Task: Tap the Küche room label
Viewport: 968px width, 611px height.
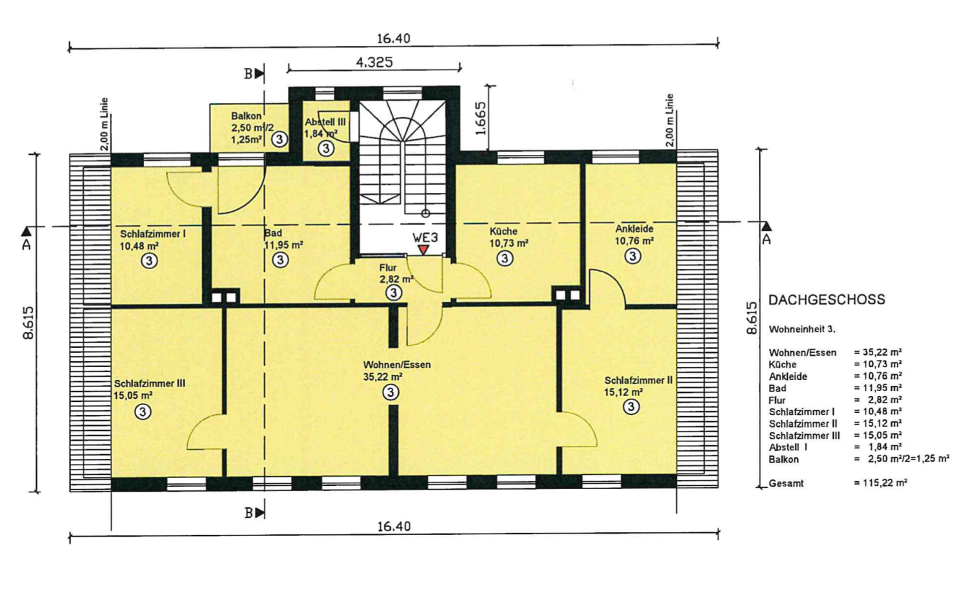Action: (503, 231)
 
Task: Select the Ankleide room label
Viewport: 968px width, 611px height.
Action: (634, 228)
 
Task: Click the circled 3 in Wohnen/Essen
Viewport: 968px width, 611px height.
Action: (391, 392)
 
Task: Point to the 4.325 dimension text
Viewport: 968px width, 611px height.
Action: (374, 63)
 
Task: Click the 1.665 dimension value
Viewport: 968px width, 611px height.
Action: (481, 119)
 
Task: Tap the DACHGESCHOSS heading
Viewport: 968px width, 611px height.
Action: (827, 299)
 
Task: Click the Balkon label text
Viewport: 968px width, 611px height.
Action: (247, 115)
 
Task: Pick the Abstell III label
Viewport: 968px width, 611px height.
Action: (325, 122)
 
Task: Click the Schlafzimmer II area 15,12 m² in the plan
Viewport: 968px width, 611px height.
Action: (623, 392)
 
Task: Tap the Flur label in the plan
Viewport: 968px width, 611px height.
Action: (388, 268)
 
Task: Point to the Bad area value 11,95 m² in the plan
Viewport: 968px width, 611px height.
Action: (283, 245)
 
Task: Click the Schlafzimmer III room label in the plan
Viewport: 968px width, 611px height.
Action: (150, 383)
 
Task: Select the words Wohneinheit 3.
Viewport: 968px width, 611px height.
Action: (802, 329)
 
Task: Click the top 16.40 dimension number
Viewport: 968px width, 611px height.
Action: (394, 39)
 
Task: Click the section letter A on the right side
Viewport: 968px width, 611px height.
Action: (766, 239)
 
